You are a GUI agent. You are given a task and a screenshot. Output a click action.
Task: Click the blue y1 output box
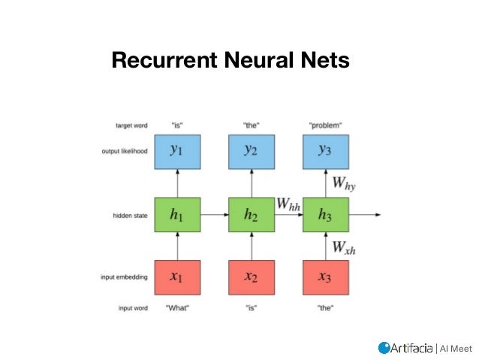point(176,151)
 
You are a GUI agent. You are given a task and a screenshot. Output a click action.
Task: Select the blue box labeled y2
point(252,151)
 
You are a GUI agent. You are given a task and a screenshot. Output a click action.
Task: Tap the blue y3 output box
point(325,151)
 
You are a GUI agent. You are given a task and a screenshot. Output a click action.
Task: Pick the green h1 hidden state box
point(176,215)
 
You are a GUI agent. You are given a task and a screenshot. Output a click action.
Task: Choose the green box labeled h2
point(252,215)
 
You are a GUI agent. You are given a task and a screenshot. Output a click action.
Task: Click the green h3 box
point(325,215)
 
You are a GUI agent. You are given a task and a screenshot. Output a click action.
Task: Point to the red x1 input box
point(176,277)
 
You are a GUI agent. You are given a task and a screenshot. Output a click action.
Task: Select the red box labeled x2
point(252,277)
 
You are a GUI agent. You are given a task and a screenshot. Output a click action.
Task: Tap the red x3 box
point(325,277)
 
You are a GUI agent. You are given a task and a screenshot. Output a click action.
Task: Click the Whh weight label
point(288,203)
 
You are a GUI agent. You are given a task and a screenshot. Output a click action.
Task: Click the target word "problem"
point(325,124)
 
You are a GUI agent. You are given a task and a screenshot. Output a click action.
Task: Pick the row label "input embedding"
point(124,277)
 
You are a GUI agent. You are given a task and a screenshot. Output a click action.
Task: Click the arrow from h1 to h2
point(214,215)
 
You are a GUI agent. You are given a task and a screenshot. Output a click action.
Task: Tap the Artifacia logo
point(405,347)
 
